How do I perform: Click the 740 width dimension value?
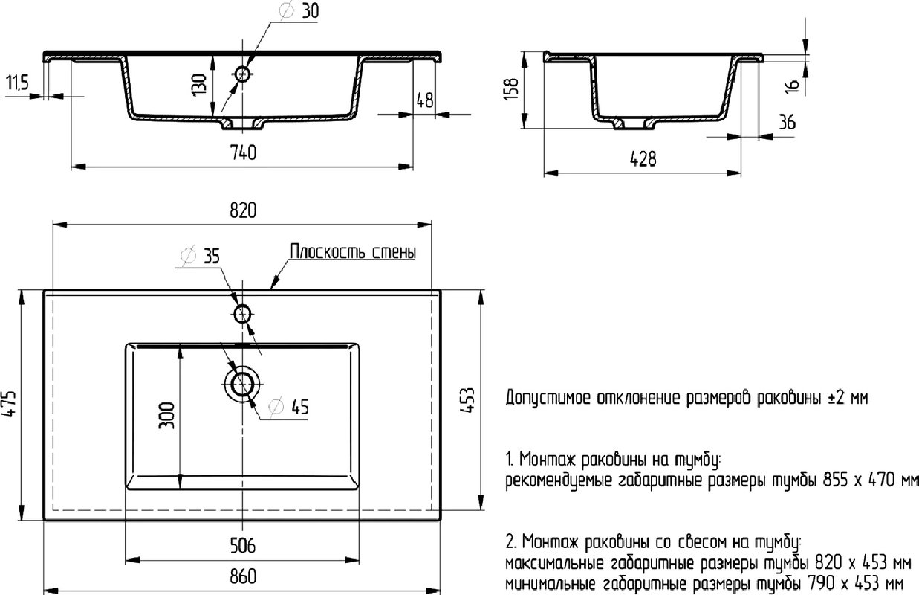tap(243, 152)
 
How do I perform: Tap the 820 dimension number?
tap(243, 210)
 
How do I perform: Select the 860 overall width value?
tap(243, 576)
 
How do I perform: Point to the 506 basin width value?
tap(243, 546)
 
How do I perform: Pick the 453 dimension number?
tap(467, 400)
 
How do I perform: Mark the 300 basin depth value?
tap(167, 416)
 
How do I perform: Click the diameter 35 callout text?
tap(201, 256)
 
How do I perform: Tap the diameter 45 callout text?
tap(288, 407)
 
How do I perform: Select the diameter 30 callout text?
tap(299, 11)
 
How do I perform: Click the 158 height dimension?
tap(511, 89)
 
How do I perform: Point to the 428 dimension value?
tap(643, 159)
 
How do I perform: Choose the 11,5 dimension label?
tap(17, 83)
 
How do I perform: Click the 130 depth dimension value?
tap(199, 85)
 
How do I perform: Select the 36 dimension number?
tap(787, 122)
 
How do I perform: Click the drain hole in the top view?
tap(242, 384)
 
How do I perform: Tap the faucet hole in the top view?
tap(242, 315)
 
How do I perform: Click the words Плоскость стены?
tap(353, 251)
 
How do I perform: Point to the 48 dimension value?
tap(425, 100)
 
